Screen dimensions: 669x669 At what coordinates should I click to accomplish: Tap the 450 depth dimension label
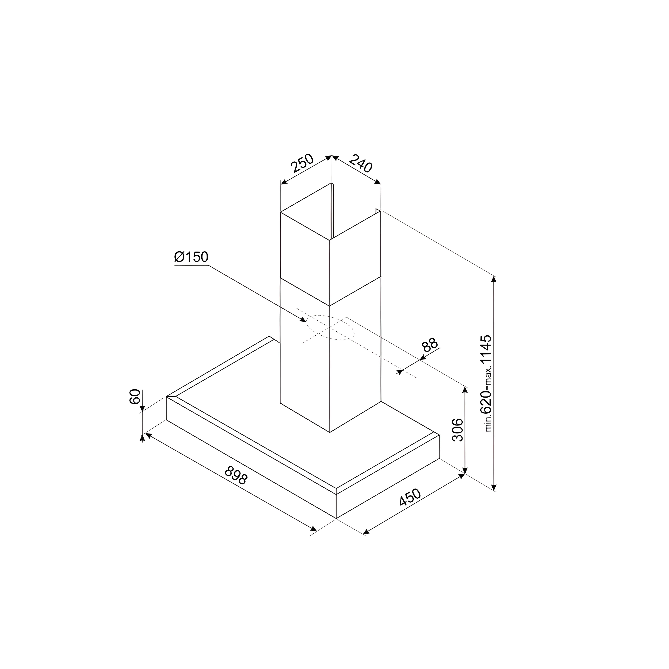point(410,497)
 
